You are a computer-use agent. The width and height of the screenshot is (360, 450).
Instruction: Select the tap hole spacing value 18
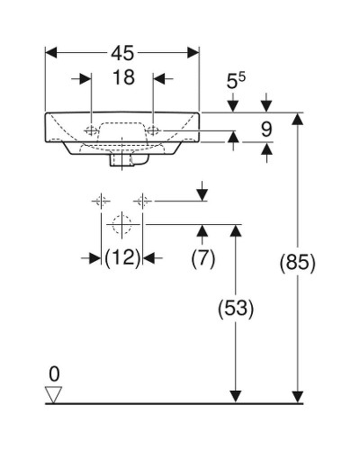pos(123,78)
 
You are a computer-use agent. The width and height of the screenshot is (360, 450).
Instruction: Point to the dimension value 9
pos(266,130)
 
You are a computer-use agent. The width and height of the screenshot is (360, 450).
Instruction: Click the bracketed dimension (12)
pos(122,258)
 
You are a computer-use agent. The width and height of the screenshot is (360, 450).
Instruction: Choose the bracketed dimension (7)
pos(203,258)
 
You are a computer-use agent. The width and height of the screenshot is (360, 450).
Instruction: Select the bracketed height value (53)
pos(236,309)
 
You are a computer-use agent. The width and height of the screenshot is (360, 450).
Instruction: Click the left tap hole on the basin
pos(92,131)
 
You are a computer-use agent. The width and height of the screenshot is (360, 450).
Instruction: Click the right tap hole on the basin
pos(154,131)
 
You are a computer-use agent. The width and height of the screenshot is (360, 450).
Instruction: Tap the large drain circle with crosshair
pos(121,222)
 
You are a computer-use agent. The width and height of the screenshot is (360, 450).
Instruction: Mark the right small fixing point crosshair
pos(142,199)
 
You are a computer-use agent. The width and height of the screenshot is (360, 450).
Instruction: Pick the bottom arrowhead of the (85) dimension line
pos(298,396)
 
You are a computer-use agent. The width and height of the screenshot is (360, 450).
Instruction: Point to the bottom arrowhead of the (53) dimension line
pos(236,396)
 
